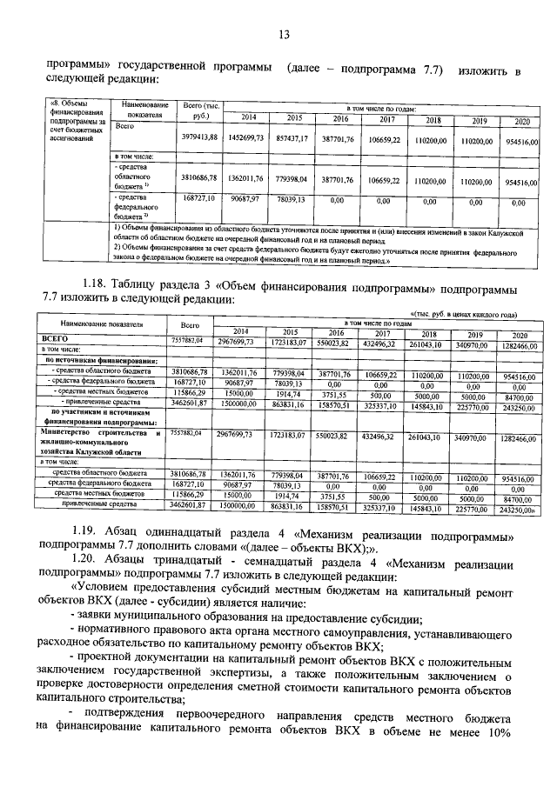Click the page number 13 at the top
pyautogui.click(x=283, y=35)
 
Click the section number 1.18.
pyautogui.click(x=97, y=285)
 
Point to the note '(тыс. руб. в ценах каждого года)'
pyautogui.click(x=463, y=313)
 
